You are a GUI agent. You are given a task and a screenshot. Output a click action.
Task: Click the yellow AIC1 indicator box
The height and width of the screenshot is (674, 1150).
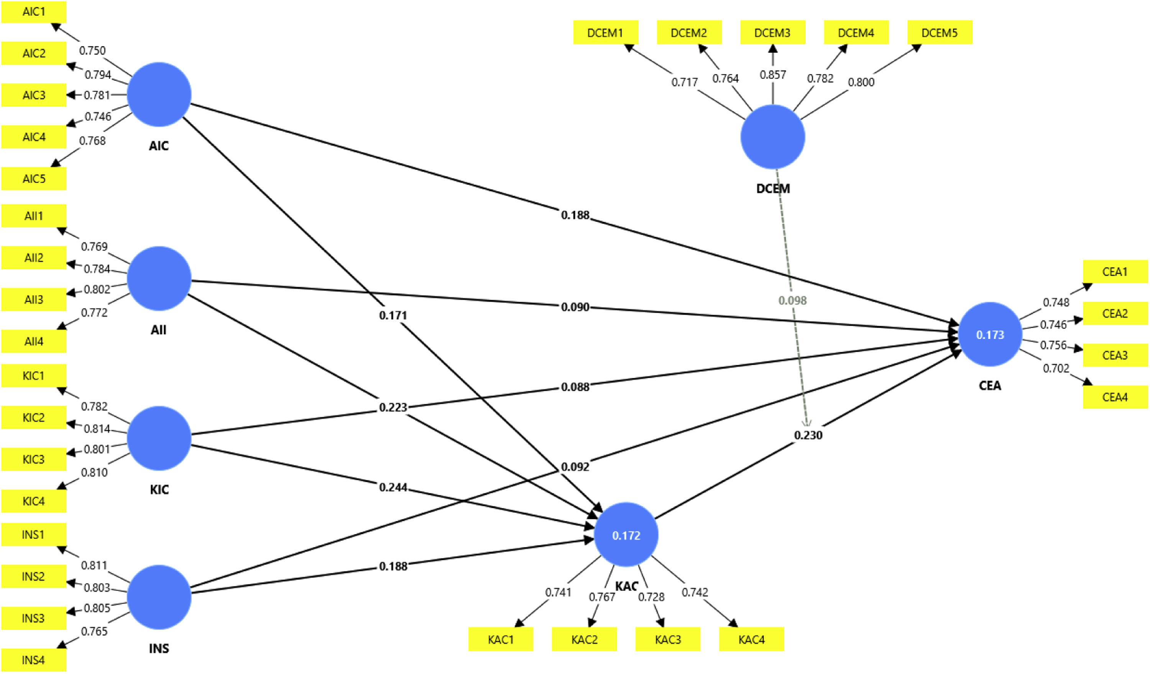click(x=34, y=12)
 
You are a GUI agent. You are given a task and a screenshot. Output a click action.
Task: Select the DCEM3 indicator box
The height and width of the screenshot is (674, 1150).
click(x=772, y=33)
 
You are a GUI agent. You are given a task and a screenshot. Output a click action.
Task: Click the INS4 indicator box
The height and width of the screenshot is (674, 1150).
click(x=34, y=660)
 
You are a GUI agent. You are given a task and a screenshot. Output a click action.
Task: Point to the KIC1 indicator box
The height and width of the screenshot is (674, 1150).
click(x=34, y=375)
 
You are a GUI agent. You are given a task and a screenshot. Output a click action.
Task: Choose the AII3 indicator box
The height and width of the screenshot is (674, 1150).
click(x=34, y=300)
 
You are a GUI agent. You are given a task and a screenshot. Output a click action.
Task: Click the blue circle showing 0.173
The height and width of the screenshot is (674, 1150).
click(x=990, y=334)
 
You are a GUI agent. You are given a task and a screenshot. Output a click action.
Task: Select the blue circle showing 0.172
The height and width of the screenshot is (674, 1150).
click(x=626, y=535)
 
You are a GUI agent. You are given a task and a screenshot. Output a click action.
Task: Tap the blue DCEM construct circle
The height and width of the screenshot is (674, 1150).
click(x=772, y=137)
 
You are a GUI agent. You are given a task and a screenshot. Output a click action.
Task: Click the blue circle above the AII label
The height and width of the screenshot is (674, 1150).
click(x=159, y=278)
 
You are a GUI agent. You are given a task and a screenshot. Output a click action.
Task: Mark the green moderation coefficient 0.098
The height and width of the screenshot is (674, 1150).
click(x=792, y=300)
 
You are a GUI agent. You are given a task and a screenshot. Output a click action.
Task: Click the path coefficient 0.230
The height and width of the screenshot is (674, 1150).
click(x=808, y=435)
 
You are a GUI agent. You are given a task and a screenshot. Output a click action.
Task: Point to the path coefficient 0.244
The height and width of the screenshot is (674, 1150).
click(x=393, y=487)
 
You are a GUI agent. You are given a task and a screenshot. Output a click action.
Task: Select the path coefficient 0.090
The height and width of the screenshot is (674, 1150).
click(x=575, y=307)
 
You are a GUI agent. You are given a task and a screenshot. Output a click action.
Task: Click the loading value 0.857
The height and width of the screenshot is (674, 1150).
click(x=772, y=74)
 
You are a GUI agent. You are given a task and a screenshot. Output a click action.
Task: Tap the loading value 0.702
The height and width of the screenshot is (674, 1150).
click(x=1056, y=368)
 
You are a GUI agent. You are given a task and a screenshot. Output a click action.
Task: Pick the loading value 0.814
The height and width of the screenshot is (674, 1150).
click(x=97, y=429)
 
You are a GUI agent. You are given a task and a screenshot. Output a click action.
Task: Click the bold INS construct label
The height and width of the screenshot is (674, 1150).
click(x=159, y=648)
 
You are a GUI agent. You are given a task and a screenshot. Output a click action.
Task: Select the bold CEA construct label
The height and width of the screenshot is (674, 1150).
click(x=990, y=386)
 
